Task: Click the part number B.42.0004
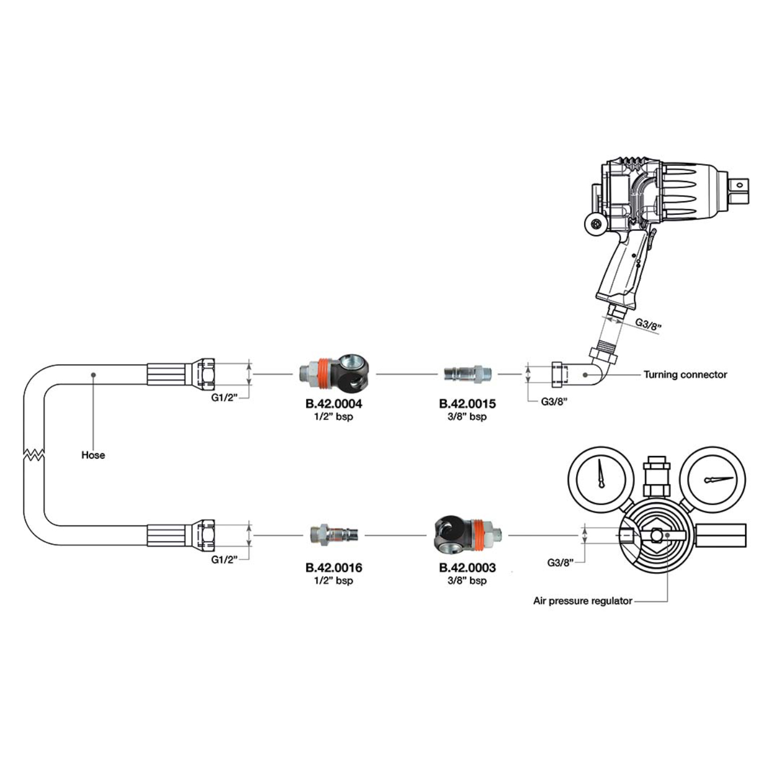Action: tap(334, 404)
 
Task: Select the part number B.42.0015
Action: tap(467, 404)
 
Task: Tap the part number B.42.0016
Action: tap(334, 568)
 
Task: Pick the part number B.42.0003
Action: tap(467, 568)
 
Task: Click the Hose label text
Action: tap(93, 455)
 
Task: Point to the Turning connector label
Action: tap(685, 374)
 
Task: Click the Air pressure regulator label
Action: tap(582, 601)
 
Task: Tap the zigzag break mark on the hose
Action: tap(33, 454)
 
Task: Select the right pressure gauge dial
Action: tap(713, 479)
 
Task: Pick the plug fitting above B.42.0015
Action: tap(467, 373)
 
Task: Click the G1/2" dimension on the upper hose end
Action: tap(224, 397)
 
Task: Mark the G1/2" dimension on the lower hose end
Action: tap(224, 559)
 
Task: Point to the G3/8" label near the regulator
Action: tap(560, 563)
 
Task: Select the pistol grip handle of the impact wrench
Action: tap(620, 271)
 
